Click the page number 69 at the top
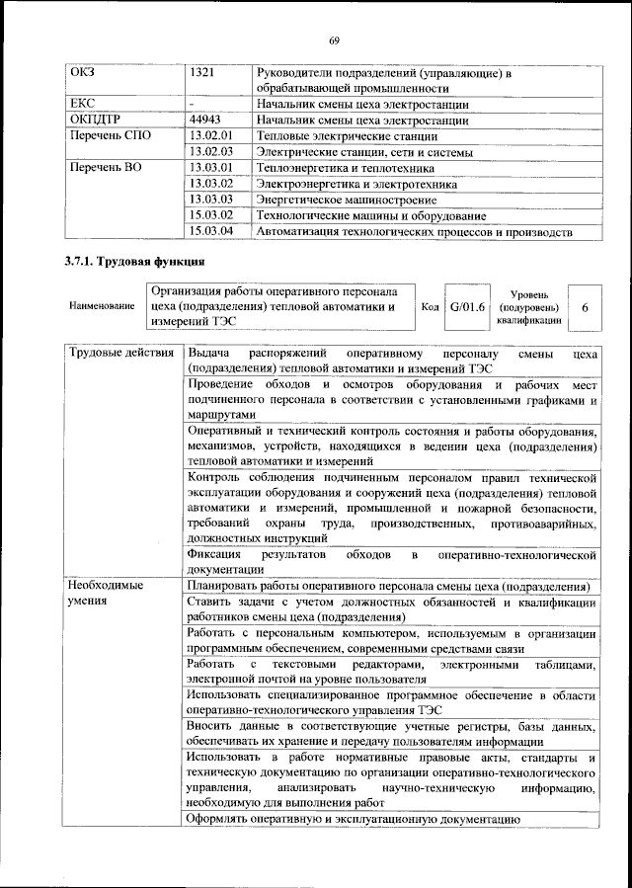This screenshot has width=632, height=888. click(334, 40)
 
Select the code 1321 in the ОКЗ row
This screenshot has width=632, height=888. click(203, 73)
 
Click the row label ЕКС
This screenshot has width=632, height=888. click(82, 103)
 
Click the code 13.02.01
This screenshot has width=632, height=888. click(210, 135)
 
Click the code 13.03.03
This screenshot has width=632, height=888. click(210, 200)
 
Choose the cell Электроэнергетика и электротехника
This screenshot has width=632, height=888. click(355, 184)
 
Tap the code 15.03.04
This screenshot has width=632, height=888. click(210, 231)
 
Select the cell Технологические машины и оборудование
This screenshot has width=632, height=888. click(370, 215)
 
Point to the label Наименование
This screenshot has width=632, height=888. click(102, 307)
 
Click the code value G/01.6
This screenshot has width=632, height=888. click(467, 306)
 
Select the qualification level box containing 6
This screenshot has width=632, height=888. click(585, 308)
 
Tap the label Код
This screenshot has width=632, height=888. click(430, 307)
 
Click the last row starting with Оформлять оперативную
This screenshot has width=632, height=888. click(353, 819)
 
